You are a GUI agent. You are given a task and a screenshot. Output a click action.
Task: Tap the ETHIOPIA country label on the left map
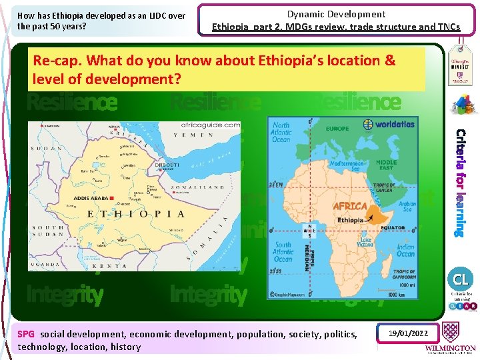(136, 214)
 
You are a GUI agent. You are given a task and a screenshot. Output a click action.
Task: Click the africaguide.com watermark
(209, 125)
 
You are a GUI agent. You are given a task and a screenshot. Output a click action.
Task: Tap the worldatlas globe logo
(368, 124)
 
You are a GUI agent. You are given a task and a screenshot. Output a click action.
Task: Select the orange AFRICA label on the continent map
(350, 206)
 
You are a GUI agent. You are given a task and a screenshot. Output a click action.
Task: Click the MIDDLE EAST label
(387, 165)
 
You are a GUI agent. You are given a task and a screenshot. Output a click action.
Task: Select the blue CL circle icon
(461, 278)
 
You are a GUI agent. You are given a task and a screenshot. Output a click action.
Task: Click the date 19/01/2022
(409, 332)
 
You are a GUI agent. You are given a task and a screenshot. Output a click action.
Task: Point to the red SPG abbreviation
(26, 333)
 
